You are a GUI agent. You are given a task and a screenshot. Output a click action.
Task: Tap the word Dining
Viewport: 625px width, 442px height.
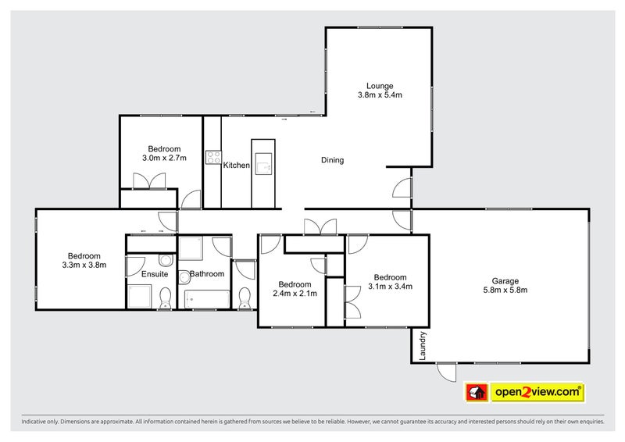pyautogui.click(x=333, y=160)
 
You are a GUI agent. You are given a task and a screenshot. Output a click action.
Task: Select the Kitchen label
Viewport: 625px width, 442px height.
pyautogui.click(x=236, y=166)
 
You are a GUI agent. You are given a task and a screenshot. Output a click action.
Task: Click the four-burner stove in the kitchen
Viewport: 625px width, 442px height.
pyautogui.click(x=213, y=157)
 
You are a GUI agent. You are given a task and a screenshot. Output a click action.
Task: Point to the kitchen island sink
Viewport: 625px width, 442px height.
pyautogui.click(x=264, y=166)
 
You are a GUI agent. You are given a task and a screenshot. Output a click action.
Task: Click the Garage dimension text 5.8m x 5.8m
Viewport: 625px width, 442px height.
pyautogui.click(x=505, y=291)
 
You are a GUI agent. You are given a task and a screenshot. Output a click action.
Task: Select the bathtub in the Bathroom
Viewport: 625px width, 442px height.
pyautogui.click(x=207, y=299)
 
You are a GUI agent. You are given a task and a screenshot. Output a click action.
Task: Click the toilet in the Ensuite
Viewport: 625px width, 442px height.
pyautogui.click(x=165, y=298)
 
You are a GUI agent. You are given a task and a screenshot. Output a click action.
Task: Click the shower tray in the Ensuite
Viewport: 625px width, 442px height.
pyautogui.click(x=140, y=297)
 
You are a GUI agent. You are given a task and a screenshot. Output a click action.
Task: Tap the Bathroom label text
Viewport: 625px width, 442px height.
pyautogui.click(x=207, y=273)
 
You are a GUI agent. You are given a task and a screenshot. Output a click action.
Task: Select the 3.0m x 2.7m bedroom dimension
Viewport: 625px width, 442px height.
pyautogui.click(x=164, y=159)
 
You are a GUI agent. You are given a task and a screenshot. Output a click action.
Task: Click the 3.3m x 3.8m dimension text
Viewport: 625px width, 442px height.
pyautogui.click(x=84, y=266)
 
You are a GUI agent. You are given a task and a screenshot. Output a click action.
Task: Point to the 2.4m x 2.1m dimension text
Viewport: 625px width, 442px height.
pyautogui.click(x=295, y=294)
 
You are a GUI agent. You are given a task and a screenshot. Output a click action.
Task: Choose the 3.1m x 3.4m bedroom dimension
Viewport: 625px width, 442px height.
pyautogui.click(x=390, y=287)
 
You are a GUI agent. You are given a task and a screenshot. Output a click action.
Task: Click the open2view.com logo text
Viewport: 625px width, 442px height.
pyautogui.click(x=536, y=390)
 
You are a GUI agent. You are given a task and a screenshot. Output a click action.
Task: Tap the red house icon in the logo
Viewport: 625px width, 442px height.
pyautogui.click(x=475, y=390)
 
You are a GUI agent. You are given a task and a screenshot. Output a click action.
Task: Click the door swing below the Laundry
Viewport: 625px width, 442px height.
pyautogui.click(x=446, y=372)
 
